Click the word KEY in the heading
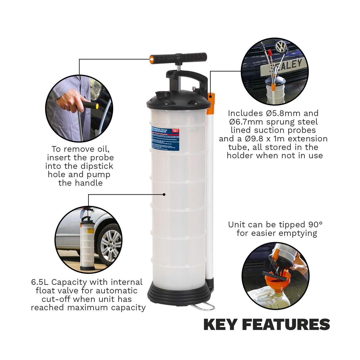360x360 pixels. pyautogui.click(x=220, y=325)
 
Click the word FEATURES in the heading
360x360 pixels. pyautogui.click(x=286, y=325)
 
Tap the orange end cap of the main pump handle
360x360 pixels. pyautogui.click(x=152, y=59)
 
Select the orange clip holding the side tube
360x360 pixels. pyautogui.click(x=211, y=103)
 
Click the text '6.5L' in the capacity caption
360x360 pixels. pyautogui.click(x=40, y=282)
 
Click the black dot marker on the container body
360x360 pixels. pyautogui.click(x=164, y=194)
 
